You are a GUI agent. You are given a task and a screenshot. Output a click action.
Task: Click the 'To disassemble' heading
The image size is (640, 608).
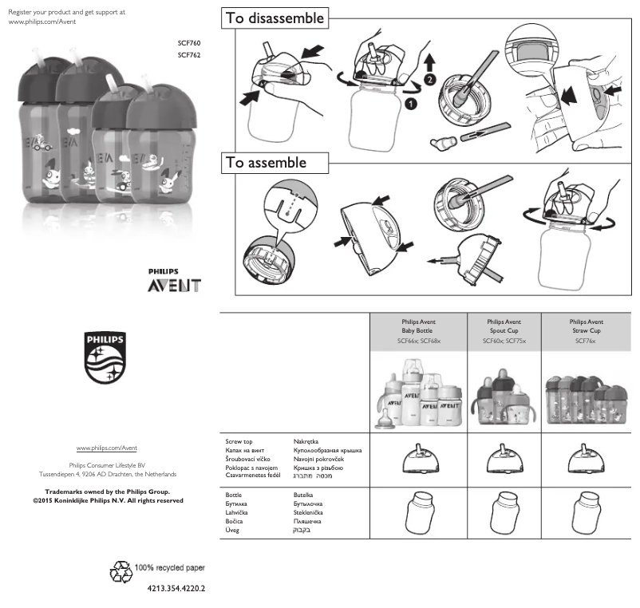[x=275, y=18]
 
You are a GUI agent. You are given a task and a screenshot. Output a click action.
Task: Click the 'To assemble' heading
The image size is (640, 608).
[x=266, y=163]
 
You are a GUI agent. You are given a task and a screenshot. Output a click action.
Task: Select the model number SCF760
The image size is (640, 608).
[x=189, y=41]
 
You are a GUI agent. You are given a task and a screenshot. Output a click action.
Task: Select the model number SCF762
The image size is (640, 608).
[x=189, y=55]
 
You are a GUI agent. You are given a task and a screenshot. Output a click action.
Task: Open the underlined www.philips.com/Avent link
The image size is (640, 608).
[x=107, y=449]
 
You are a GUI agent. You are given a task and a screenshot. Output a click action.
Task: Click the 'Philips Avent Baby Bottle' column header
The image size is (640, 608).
[x=419, y=330]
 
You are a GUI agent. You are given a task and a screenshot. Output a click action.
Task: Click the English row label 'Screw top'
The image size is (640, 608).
[x=239, y=440]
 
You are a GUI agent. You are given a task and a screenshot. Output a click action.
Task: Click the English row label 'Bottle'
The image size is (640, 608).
[x=234, y=495]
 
